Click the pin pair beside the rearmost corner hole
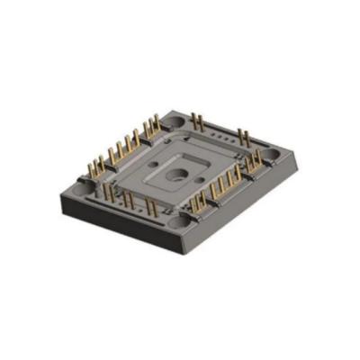coord(196,120)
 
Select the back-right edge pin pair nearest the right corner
coord(244,136)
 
